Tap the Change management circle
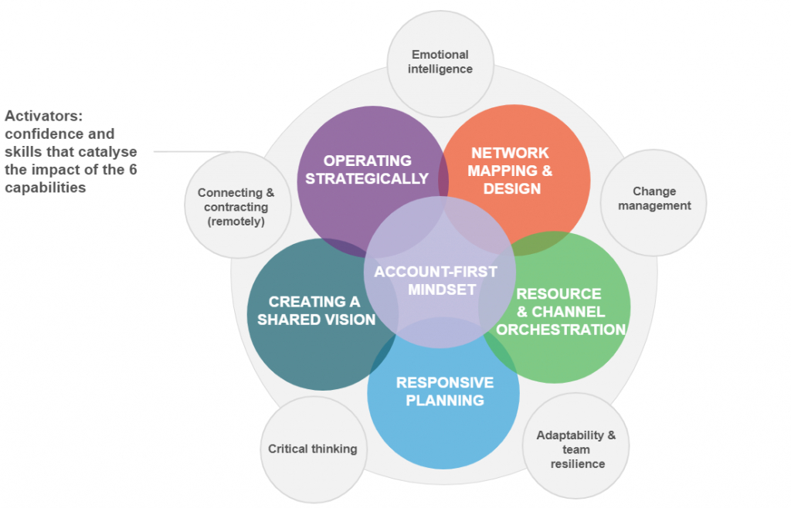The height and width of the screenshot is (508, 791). click(654, 199)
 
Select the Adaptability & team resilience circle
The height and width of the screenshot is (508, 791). click(577, 449)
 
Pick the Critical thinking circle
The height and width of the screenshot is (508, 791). click(312, 449)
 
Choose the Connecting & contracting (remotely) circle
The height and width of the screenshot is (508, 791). click(236, 207)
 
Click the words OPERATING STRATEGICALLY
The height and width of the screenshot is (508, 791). click(367, 170)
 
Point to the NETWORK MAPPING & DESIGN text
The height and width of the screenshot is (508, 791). click(509, 171)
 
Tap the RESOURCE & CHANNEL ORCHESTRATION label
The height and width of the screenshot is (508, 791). click(559, 312)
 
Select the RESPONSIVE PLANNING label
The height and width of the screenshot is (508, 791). click(444, 391)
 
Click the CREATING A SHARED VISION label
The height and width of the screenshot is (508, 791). click(316, 310)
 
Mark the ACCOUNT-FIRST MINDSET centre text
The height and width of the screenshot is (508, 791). click(435, 280)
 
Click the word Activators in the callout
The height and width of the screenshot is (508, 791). click(43, 117)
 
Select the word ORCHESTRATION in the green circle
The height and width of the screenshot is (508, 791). click(561, 330)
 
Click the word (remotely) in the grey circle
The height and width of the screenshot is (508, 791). click(236, 222)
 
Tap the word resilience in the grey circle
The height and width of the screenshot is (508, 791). click(577, 464)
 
